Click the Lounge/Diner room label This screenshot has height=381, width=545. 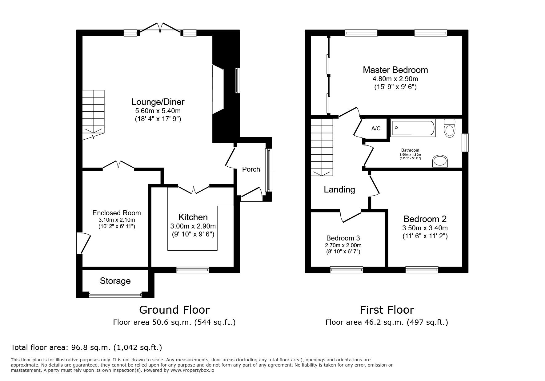click(x=158, y=102)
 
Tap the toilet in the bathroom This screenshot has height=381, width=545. click(x=450, y=129)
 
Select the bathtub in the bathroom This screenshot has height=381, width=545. click(x=412, y=128)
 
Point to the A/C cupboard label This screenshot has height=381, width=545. click(x=376, y=129)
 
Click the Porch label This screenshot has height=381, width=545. click(x=251, y=169)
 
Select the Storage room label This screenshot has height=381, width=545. click(x=115, y=281)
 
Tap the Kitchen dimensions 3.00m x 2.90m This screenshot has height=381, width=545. click(x=193, y=226)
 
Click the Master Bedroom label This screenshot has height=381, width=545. click(x=395, y=70)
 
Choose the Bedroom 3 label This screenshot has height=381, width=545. click(x=343, y=238)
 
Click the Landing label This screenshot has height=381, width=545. click(x=339, y=190)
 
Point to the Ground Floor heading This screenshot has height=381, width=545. click(x=174, y=310)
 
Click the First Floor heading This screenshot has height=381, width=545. click(x=387, y=310)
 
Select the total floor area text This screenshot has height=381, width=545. click(x=86, y=347)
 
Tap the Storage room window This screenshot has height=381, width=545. click(x=115, y=296)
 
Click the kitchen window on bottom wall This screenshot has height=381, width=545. click(x=193, y=270)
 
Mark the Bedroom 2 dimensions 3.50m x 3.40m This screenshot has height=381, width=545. click(x=425, y=228)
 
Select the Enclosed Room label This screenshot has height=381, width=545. click(x=117, y=213)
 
